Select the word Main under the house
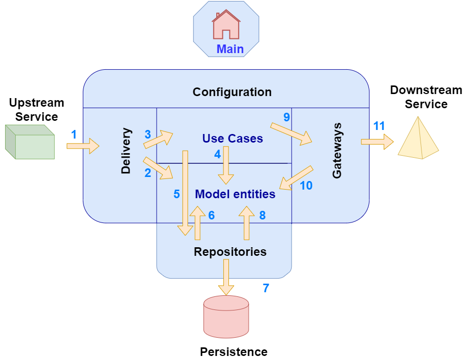click(230, 49)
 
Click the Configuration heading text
click(232, 92)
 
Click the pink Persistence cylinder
click(226, 317)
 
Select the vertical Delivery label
click(126, 151)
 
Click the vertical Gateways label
click(337, 150)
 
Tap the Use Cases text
click(232, 138)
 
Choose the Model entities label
click(235, 194)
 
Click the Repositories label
click(230, 251)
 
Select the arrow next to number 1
click(83, 146)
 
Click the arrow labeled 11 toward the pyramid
click(377, 142)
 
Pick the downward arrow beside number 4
click(226, 166)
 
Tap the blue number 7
click(266, 288)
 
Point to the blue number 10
click(306, 186)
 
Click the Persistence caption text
click(233, 351)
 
